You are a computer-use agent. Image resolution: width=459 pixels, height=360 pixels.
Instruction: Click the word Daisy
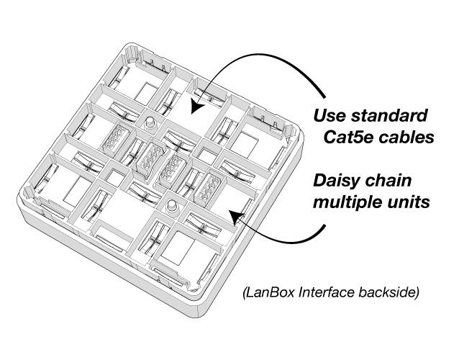coord(342,181)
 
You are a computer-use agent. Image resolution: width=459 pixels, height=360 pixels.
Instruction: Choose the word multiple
coord(347,202)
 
